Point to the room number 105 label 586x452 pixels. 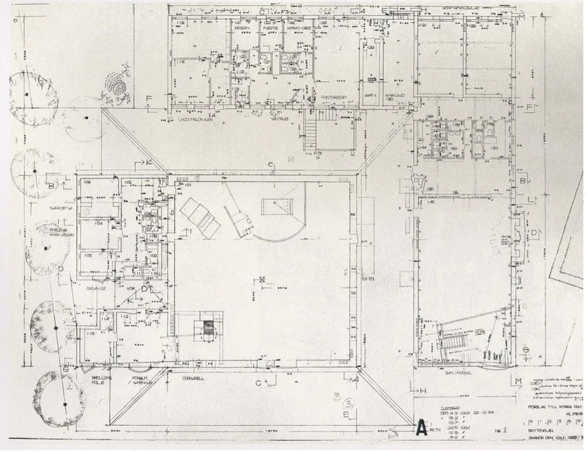tap(87, 255)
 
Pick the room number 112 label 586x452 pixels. tap(125, 316)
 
